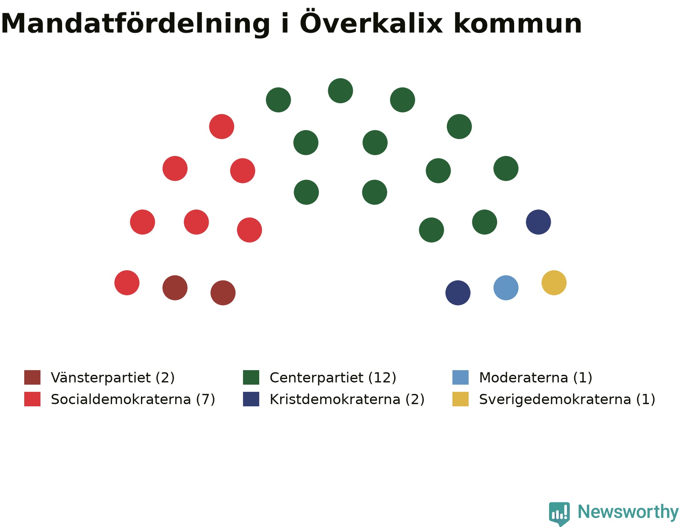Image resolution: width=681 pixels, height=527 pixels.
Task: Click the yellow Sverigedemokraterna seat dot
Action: click(554, 283)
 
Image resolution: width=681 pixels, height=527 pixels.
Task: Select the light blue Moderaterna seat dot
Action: click(506, 288)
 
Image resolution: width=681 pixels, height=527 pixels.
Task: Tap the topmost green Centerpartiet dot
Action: click(340, 91)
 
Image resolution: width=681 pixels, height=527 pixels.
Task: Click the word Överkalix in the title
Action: click(372, 23)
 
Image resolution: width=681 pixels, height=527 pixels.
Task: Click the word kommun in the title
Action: click(518, 24)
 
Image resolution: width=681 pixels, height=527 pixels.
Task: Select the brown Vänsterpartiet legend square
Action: click(32, 377)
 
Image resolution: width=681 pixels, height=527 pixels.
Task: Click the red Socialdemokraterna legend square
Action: click(32, 399)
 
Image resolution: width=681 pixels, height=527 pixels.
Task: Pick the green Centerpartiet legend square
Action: click(251, 377)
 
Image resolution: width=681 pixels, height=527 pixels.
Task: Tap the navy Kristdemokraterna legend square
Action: click(251, 399)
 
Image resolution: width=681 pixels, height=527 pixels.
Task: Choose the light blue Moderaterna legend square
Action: click(461, 377)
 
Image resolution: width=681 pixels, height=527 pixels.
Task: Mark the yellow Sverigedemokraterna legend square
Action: click(461, 399)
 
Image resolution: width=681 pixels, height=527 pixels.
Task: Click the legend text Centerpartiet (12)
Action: click(333, 377)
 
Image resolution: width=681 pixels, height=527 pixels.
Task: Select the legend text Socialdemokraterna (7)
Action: click(133, 399)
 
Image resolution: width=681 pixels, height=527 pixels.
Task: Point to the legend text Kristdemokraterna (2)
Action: click(347, 399)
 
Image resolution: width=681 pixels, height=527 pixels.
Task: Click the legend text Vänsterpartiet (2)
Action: click(113, 377)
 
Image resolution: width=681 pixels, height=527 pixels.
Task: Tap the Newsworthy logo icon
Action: click(559, 513)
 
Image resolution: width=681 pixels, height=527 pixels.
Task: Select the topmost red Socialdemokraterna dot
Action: click(222, 126)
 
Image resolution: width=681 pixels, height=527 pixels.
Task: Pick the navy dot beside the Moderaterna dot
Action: click(458, 292)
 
